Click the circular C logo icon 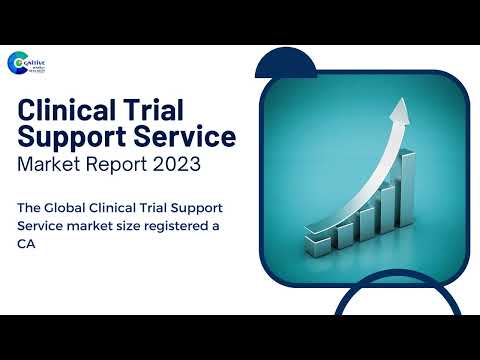(19, 64)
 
